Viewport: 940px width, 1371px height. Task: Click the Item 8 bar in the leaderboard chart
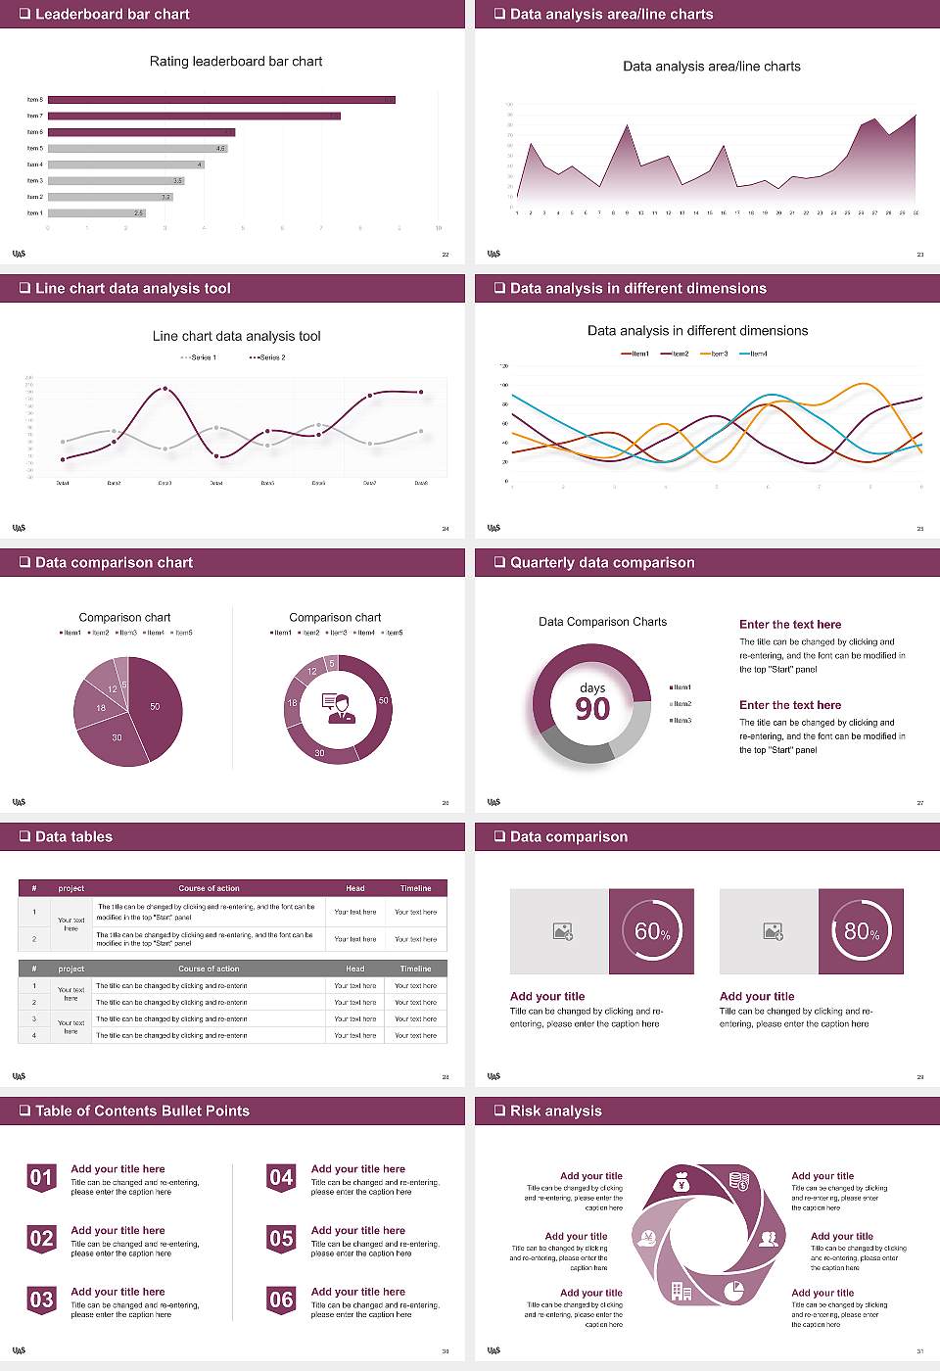coord(221,100)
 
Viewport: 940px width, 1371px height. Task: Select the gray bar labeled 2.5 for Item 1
coord(96,213)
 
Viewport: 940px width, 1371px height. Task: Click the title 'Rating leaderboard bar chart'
coord(235,61)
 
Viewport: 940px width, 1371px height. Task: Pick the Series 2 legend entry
coord(267,357)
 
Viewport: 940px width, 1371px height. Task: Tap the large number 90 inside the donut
coord(592,709)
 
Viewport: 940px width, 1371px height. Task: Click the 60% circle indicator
coord(652,931)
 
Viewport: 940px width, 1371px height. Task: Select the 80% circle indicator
coord(862,931)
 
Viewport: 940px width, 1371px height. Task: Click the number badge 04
coord(281,1178)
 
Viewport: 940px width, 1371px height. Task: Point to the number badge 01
coord(41,1178)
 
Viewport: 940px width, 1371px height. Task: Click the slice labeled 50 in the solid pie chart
coord(154,707)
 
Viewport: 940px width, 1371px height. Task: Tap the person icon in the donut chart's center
coord(338,708)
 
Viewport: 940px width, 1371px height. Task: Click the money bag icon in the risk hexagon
coord(682,1183)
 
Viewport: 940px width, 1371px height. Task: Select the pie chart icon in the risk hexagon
coord(733,1292)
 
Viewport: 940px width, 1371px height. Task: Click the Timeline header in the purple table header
coord(415,888)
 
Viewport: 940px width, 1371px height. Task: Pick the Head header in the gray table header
coord(354,969)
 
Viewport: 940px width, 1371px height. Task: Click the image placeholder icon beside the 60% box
coord(562,931)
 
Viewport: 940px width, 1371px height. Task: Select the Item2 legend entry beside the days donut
coord(681,704)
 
